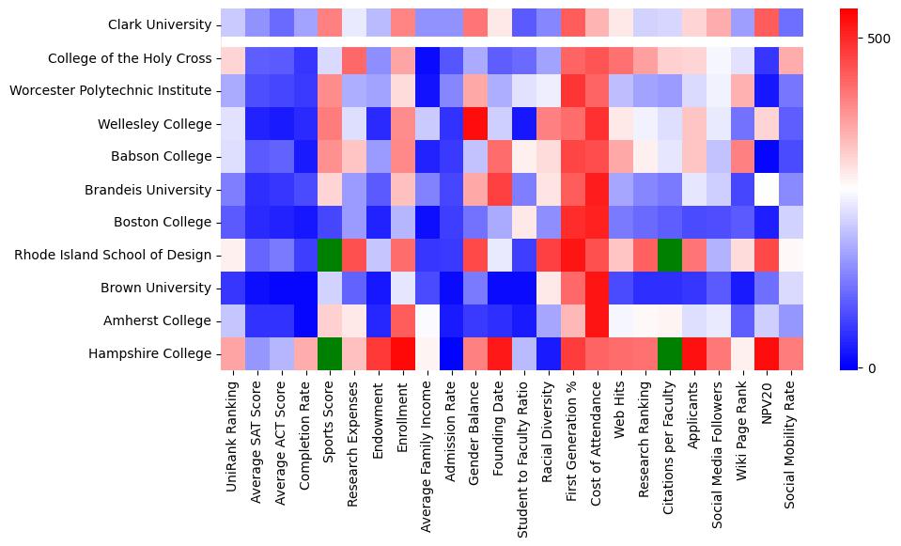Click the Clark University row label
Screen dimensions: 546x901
point(160,23)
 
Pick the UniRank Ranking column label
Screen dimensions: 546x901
point(232,437)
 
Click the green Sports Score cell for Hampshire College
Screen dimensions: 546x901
point(330,353)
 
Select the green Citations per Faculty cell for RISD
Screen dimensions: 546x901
point(670,255)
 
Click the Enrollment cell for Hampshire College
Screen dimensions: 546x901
point(403,353)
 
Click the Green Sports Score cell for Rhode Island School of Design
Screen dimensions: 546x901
point(330,255)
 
